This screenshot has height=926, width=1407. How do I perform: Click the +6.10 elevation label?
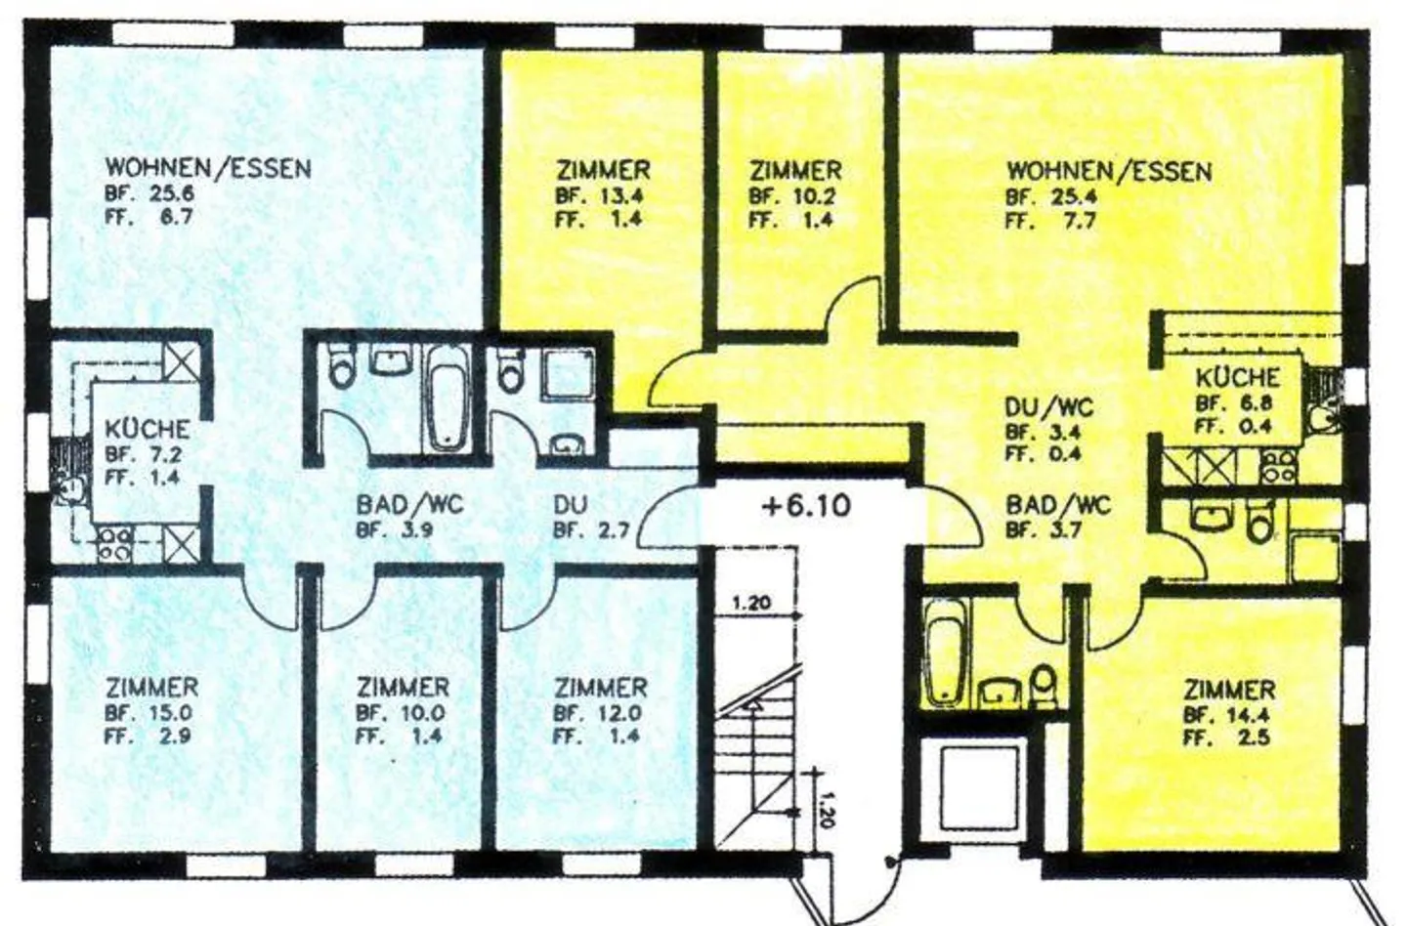[x=805, y=506]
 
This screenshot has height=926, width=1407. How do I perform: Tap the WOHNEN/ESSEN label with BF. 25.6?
[x=208, y=168]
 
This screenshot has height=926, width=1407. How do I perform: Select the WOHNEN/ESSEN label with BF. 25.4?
[x=1109, y=172]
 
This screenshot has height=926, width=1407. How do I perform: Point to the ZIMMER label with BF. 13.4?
[x=603, y=170]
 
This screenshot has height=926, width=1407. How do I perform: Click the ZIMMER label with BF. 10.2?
[x=794, y=170]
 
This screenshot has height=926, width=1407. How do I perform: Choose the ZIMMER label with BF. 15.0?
[x=151, y=688]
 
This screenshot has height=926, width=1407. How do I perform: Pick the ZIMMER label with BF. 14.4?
[x=1229, y=690]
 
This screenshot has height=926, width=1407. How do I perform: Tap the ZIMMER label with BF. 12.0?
[x=600, y=688]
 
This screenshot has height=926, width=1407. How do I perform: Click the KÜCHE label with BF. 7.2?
[x=148, y=429]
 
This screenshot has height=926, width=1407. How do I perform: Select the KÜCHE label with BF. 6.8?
[x=1237, y=377]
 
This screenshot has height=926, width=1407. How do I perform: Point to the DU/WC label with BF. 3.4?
[x=1049, y=407]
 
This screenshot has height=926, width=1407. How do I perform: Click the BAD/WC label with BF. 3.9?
[x=409, y=505]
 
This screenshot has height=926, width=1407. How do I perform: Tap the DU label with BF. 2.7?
[x=570, y=505]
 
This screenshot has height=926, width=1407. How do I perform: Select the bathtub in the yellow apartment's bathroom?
[x=945, y=651]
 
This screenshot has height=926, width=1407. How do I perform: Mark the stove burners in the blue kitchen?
[x=115, y=544]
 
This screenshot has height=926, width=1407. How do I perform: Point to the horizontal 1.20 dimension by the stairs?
[x=750, y=603]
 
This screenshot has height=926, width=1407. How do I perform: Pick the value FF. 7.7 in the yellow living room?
[x=1051, y=221]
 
